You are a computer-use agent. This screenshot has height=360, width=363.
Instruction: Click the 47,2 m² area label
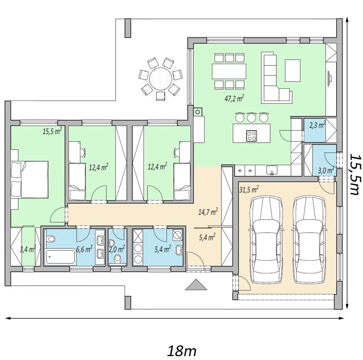234,98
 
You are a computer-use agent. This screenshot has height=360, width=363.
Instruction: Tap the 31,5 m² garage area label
249,190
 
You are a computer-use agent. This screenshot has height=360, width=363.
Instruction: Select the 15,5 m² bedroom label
52,131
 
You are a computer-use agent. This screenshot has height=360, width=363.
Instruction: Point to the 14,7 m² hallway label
208,212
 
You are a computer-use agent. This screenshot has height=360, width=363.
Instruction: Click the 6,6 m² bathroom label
84,249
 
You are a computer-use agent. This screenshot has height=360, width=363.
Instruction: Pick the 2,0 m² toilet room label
117,249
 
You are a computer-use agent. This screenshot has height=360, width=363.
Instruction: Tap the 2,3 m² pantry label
317,126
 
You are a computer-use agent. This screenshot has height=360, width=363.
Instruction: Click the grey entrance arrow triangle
196,285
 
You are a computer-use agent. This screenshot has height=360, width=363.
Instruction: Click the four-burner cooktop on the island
251,136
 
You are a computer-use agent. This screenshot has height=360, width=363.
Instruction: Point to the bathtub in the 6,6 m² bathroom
60,257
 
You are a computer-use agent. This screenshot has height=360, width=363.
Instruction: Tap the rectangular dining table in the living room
229,71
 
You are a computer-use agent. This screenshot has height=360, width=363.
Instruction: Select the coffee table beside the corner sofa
293,70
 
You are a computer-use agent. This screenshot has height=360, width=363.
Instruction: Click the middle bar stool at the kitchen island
251,117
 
